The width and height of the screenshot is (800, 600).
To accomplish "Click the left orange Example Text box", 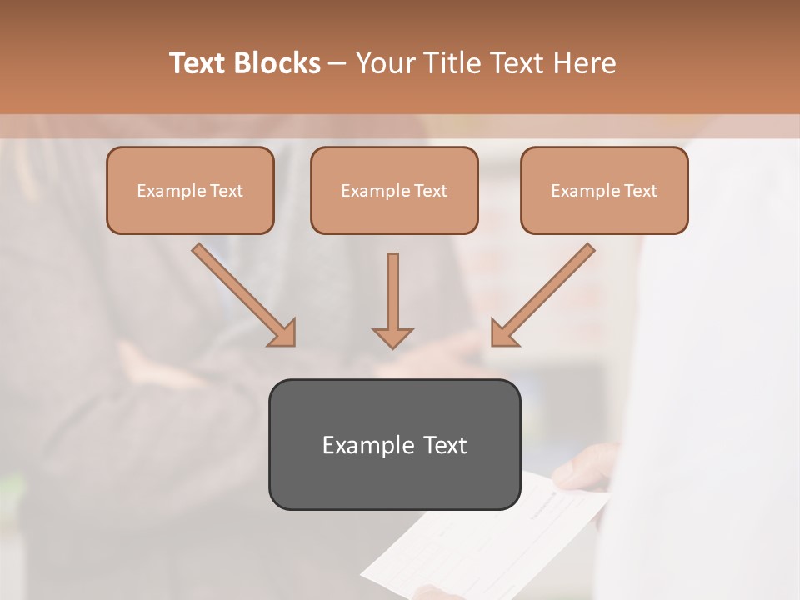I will click(190, 190).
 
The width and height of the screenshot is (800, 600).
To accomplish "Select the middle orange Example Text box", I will click(394, 190).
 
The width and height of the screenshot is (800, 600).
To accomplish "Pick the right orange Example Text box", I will click(604, 190).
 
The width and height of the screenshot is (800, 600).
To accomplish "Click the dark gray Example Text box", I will click(394, 444).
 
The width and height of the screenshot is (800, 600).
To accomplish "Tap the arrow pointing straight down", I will click(392, 300).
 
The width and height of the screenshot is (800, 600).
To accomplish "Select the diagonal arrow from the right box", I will click(542, 294).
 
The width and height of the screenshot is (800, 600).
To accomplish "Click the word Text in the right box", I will click(641, 191).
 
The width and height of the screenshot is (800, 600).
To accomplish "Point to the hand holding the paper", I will click(587, 467).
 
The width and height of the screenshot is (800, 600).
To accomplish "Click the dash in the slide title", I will click(337, 63).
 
